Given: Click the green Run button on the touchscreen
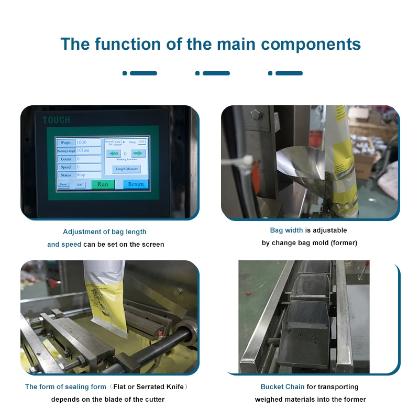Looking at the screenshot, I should tap(103, 184).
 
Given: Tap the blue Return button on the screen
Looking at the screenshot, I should tap(136, 184).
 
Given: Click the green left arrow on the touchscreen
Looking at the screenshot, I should tap(114, 153).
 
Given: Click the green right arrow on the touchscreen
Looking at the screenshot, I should tap(137, 153).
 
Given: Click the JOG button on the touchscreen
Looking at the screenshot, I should tap(80, 185).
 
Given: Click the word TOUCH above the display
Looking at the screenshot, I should tap(56, 120).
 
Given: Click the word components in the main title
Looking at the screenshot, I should tap(311, 44).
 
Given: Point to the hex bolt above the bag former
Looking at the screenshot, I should tap(255, 114).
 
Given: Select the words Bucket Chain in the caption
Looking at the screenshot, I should tap(282, 387).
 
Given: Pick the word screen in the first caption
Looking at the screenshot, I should tap(152, 244).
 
